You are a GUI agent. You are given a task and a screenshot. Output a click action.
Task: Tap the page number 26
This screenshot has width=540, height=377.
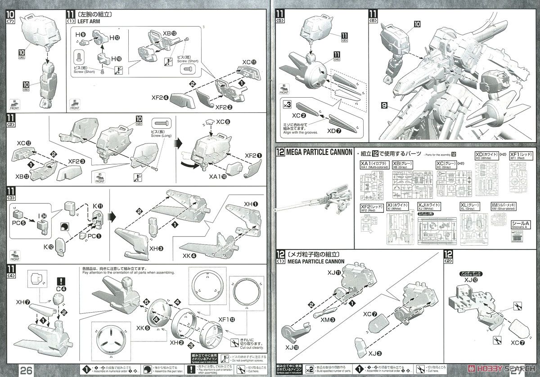tap(25, 369)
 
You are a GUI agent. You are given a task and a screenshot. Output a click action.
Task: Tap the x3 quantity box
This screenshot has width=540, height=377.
tap(285, 105)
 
